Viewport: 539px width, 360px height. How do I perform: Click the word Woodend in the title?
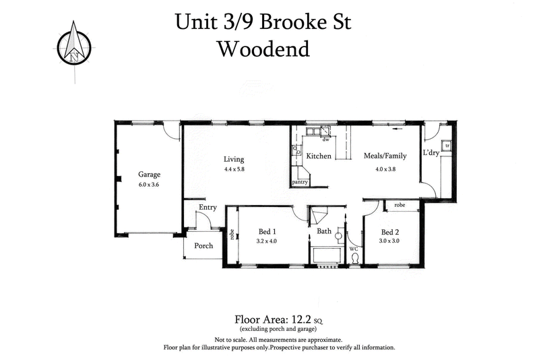click(263, 49)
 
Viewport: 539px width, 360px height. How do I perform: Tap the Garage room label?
click(149, 174)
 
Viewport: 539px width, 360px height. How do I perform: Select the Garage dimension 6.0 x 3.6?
click(149, 184)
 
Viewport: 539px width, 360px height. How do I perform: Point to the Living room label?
click(234, 159)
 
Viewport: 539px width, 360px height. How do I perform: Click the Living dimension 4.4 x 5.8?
click(234, 169)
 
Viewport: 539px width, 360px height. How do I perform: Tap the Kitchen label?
click(319, 156)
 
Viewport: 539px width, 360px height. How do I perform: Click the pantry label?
click(300, 182)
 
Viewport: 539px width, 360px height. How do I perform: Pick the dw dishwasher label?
click(325, 140)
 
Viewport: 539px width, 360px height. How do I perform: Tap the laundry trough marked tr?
click(446, 146)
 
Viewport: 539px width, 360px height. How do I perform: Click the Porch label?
click(203, 245)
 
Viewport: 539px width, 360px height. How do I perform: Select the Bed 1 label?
click(267, 231)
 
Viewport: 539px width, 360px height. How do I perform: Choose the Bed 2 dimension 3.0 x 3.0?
click(390, 241)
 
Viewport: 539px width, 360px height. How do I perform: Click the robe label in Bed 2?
click(400, 204)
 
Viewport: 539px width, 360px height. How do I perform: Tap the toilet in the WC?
click(355, 258)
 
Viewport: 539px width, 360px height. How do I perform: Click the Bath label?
click(324, 231)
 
